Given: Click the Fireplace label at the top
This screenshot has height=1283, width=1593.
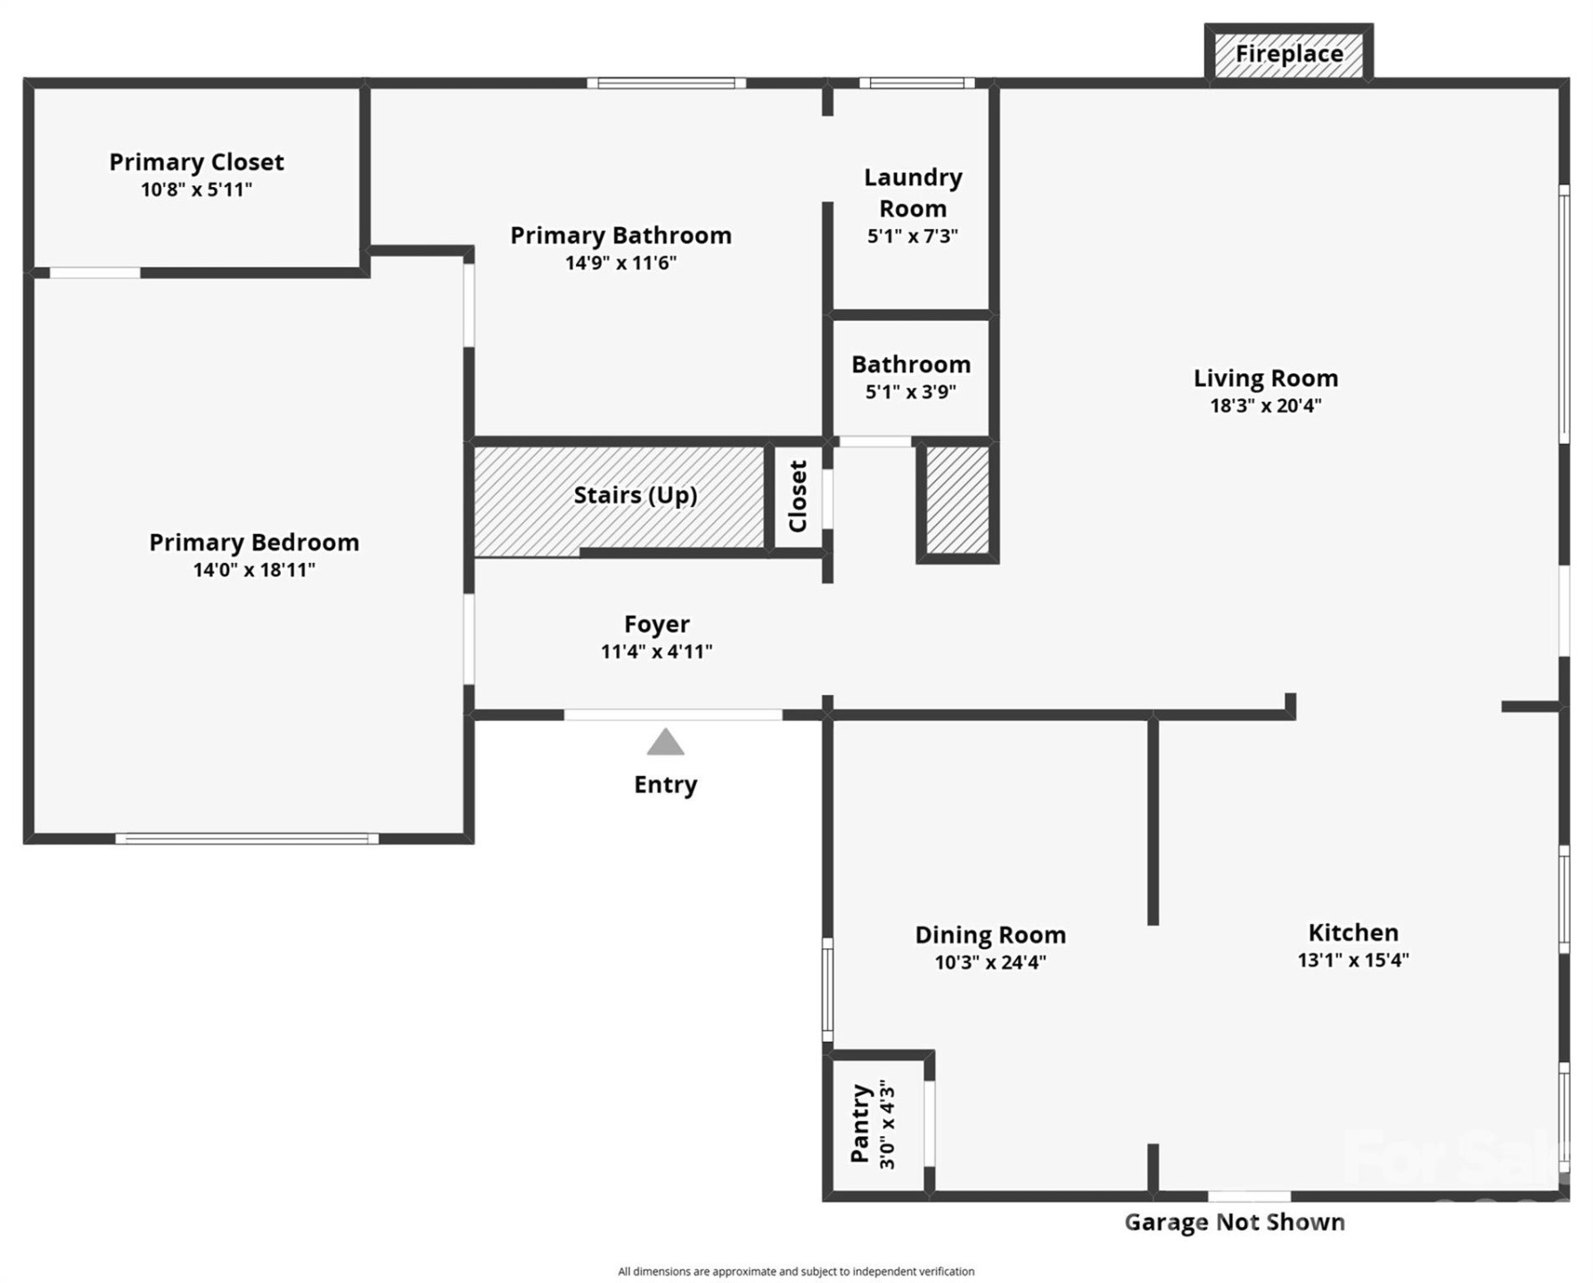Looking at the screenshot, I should click(x=1288, y=54).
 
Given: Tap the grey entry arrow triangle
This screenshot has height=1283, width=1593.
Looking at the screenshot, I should click(x=665, y=742).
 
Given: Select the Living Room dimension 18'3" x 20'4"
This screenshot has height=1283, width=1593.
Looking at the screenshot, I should click(x=1265, y=405).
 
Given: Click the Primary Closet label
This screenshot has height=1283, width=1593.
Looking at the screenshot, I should click(x=196, y=162).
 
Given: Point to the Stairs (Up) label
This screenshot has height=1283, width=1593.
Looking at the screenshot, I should click(x=635, y=495).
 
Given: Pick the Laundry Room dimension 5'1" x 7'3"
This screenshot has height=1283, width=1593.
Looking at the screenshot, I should click(x=912, y=236).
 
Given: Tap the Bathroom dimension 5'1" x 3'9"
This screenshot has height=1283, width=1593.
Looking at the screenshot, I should click(x=910, y=392).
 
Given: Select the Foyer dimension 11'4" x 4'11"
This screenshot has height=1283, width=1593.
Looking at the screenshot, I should click(x=656, y=651).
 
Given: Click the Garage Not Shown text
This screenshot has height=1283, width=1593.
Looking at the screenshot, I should click(x=1234, y=1222).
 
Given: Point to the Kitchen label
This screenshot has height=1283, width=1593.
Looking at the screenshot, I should click(x=1352, y=933).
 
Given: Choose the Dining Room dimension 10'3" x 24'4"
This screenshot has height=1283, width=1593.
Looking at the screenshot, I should click(x=989, y=962).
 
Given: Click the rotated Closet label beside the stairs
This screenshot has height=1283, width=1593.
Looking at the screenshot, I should click(x=797, y=496).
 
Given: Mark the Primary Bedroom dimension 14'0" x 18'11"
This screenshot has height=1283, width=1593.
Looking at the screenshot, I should click(x=254, y=570).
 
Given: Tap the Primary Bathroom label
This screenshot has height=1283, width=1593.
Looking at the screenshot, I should click(x=620, y=235).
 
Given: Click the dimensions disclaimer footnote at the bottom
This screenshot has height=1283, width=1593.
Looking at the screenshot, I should click(x=795, y=1271).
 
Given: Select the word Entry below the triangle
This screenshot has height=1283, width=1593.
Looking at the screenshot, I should click(x=665, y=785).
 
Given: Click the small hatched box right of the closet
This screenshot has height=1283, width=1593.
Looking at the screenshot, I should click(x=957, y=500).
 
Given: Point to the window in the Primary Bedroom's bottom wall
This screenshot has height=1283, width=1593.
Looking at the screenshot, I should click(x=247, y=838).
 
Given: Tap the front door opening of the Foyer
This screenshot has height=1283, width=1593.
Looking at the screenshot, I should click(x=673, y=715).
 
